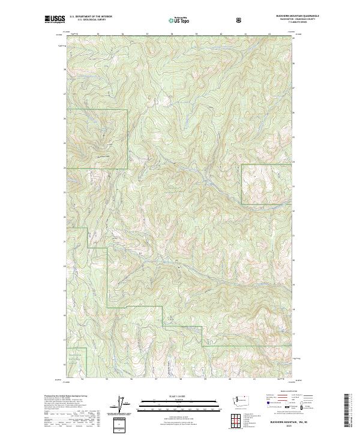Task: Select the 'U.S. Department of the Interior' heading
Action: (90, 17)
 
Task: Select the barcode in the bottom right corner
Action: (348, 414)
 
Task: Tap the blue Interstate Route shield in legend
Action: (263, 412)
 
